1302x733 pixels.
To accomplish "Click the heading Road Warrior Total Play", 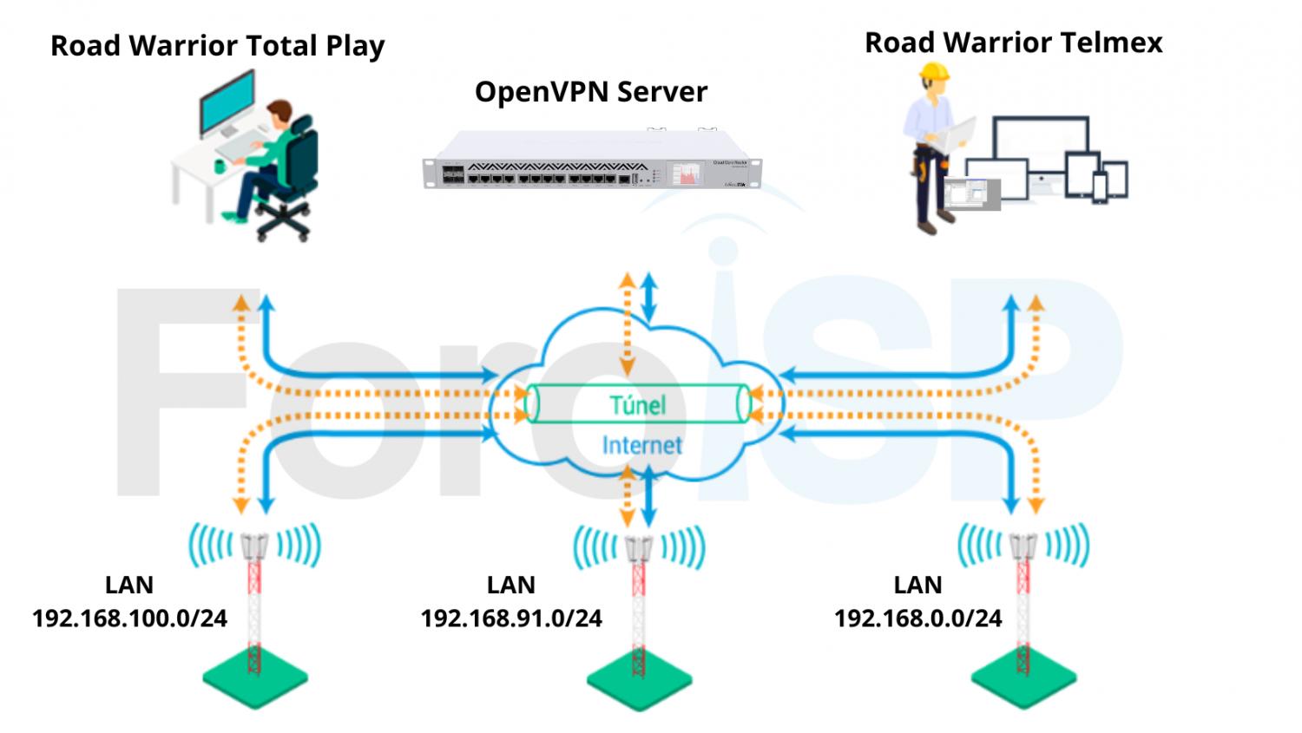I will point(217,46).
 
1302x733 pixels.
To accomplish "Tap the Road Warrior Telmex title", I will point(1013,43).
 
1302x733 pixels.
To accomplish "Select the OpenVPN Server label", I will point(590,92).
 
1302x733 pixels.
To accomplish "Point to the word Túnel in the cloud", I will point(638,405).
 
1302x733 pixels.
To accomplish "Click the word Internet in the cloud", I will point(641,445).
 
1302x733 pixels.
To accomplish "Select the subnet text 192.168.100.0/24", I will point(129,618).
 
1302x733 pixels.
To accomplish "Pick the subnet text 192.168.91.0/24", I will point(511,618).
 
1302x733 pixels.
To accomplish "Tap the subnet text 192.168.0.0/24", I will point(917,618).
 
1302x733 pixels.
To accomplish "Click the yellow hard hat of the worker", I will point(934,71).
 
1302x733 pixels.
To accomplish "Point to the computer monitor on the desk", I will point(227,102).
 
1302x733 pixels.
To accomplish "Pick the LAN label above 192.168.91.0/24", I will point(510,586).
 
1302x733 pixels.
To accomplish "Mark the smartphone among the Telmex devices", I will point(1099,187).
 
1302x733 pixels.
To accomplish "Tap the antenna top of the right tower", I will point(1023,546).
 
